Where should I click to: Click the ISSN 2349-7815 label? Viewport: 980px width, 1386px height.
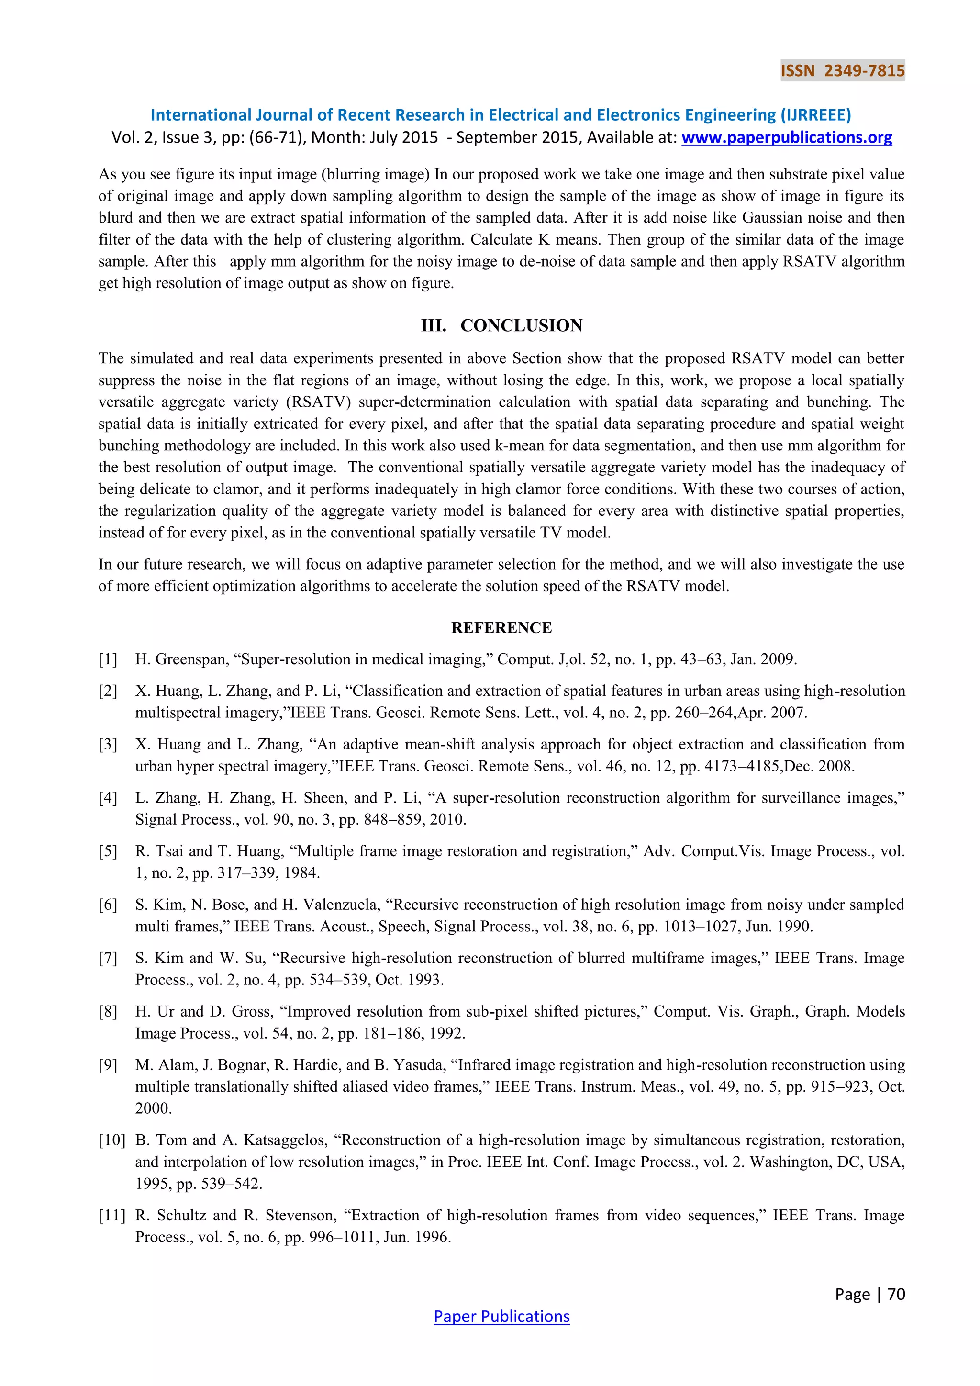click(842, 71)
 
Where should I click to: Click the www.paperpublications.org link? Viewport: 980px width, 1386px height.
click(786, 138)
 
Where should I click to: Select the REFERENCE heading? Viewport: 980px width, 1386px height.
click(501, 628)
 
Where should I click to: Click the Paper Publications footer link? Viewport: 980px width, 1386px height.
click(501, 1316)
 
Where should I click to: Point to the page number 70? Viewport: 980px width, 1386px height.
click(897, 1294)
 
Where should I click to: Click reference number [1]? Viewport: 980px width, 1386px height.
click(108, 659)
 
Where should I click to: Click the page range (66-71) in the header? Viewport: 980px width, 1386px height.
click(278, 138)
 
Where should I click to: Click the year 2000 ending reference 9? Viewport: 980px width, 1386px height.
click(153, 1108)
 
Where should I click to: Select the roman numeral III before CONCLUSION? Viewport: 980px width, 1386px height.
click(433, 325)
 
